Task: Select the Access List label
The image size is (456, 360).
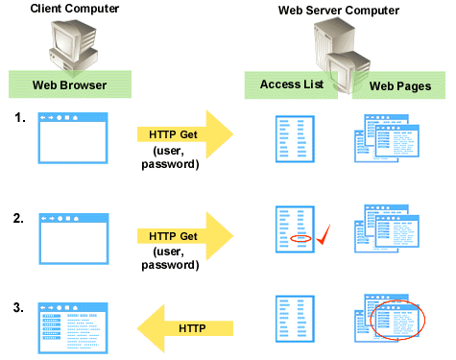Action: pyautogui.click(x=289, y=84)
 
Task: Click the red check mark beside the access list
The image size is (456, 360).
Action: pyautogui.click(x=324, y=235)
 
